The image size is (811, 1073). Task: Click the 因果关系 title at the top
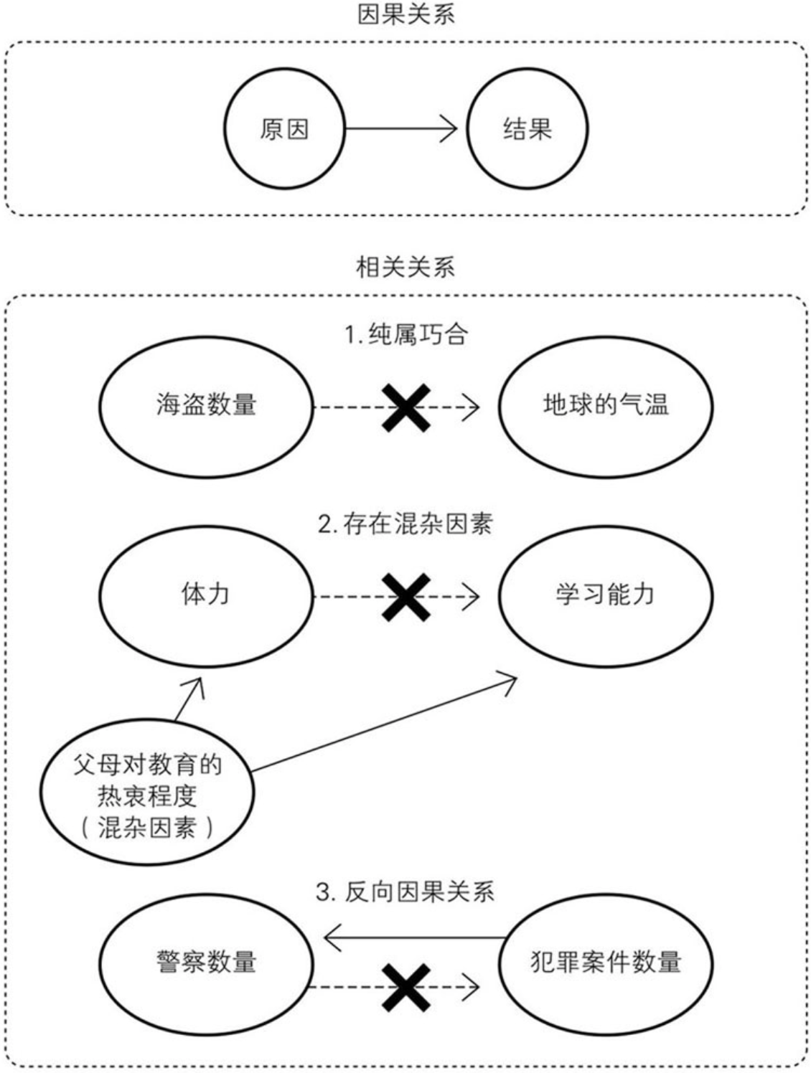click(405, 15)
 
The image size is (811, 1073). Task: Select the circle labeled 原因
click(284, 129)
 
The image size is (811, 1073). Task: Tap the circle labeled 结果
click(528, 129)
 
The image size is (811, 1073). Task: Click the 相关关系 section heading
click(405, 267)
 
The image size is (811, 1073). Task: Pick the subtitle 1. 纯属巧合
click(405, 334)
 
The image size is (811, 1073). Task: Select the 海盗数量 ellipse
click(207, 406)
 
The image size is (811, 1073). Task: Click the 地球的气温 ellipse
click(606, 406)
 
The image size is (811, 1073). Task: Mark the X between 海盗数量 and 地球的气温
click(405, 407)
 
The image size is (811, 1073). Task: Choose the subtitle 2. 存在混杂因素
click(405, 524)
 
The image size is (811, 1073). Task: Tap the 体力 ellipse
click(207, 595)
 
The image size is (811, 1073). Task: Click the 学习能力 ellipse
click(606, 595)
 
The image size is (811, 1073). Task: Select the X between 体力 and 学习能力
click(405, 597)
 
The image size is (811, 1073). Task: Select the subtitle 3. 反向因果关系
click(405, 892)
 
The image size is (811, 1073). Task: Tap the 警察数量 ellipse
click(207, 962)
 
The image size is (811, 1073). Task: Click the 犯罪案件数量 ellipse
click(606, 962)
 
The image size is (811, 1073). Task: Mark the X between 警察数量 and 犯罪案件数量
click(405, 988)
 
